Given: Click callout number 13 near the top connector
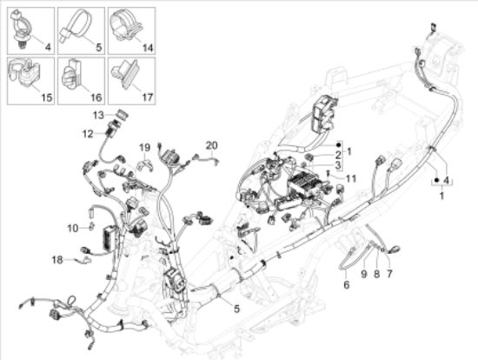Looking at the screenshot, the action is [98, 116].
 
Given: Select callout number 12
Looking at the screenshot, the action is [88, 134].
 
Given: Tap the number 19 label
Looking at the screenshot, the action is [145, 148].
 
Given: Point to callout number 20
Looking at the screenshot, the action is [211, 145].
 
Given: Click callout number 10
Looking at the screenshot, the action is [73, 228].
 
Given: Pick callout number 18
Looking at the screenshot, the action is [57, 260].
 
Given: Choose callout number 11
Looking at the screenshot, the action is [351, 178].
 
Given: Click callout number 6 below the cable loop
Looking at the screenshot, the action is [346, 285].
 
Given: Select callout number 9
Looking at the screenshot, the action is [363, 274].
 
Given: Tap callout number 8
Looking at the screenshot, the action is [377, 274].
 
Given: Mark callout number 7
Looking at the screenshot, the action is [389, 274].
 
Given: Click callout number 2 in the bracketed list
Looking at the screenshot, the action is [338, 155].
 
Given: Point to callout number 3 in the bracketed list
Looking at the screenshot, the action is [338, 165].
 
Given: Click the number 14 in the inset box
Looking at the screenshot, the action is [148, 48].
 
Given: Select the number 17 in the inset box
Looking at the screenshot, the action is [148, 97].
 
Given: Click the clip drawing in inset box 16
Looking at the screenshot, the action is [72, 77].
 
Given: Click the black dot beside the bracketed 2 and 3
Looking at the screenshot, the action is [338, 144].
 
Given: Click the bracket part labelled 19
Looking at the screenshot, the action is [145, 163].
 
